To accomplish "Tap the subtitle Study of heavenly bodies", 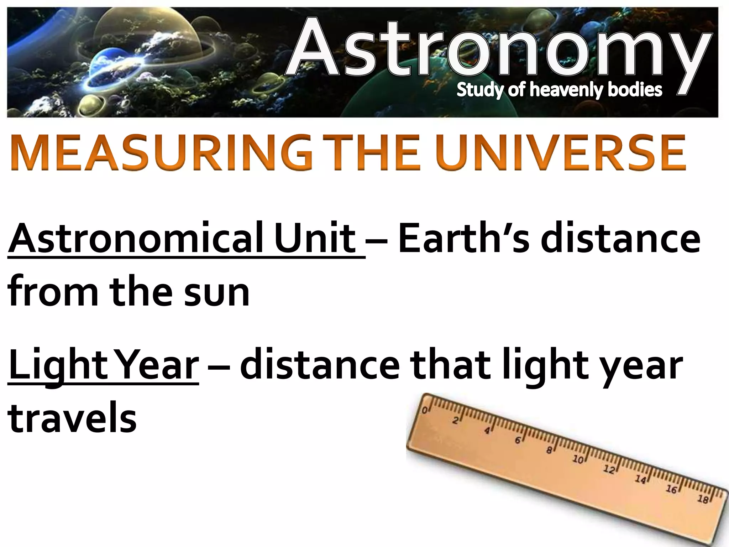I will (x=559, y=90).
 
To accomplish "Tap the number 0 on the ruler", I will (x=424, y=410).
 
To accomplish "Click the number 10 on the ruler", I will (x=578, y=459).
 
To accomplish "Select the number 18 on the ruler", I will (x=703, y=499).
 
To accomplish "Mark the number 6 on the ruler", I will (x=518, y=441).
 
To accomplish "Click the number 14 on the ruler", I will (x=640, y=480).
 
